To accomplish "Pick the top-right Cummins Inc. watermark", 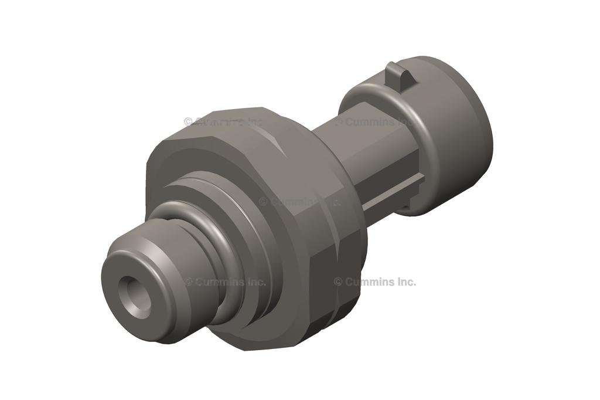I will coord(375,121).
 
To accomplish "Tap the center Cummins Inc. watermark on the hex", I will coord(299,201).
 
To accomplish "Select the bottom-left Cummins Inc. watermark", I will coord(226,282).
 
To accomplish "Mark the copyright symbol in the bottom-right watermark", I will coord(338,282).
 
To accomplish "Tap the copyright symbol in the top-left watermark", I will coord(188,121).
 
